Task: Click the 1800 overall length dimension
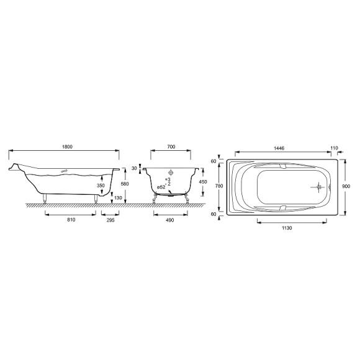click(x=67, y=146)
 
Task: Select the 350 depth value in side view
click(x=101, y=185)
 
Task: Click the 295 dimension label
click(x=110, y=220)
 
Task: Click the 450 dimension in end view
click(x=202, y=182)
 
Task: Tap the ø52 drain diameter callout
click(x=161, y=187)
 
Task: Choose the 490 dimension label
click(x=169, y=220)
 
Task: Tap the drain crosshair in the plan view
click(x=318, y=186)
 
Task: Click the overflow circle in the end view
click(x=171, y=171)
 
